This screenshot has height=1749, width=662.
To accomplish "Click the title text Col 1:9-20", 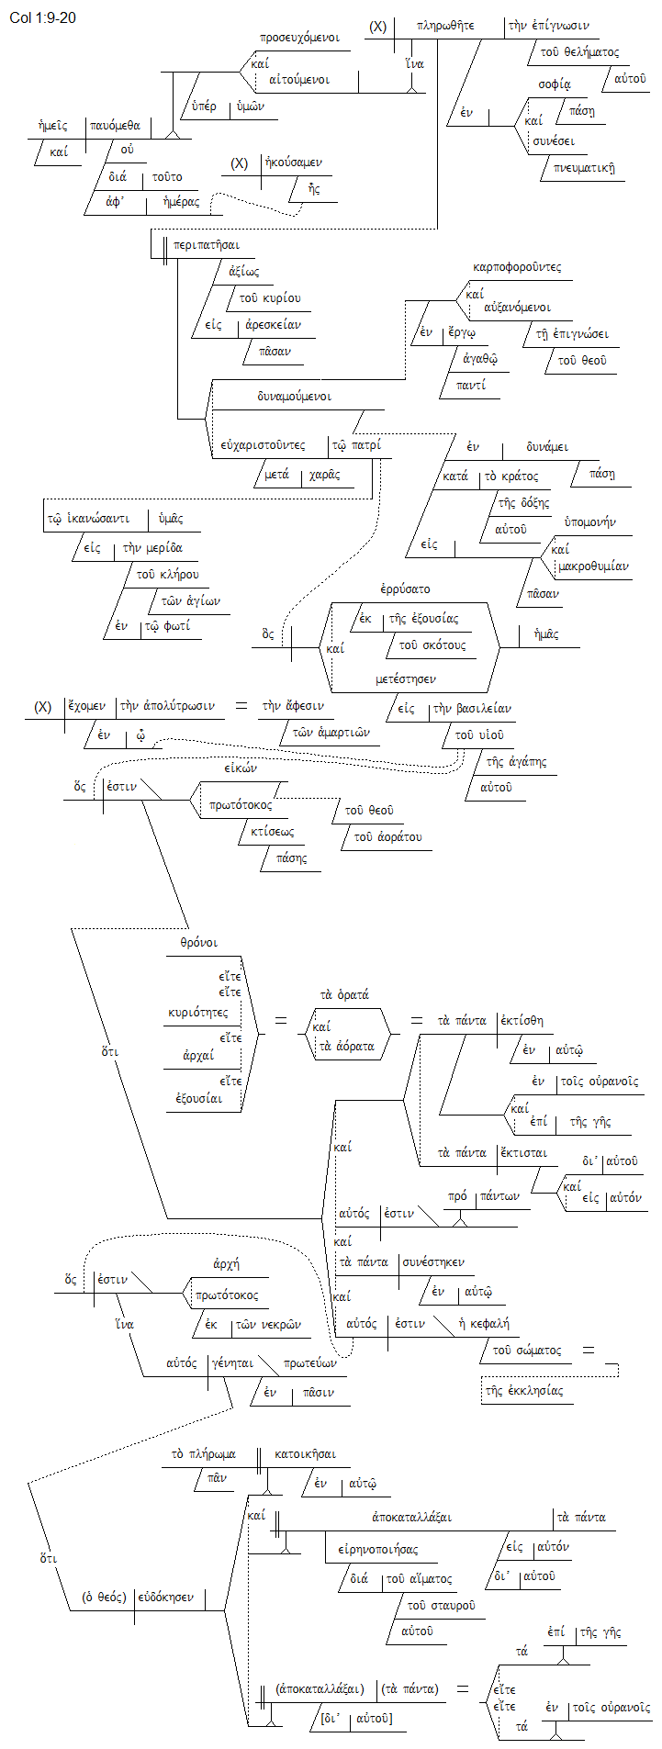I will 42,17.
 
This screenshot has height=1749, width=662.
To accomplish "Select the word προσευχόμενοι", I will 299,39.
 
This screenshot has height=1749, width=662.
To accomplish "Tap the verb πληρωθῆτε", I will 445,26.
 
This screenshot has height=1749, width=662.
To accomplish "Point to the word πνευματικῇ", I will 584,168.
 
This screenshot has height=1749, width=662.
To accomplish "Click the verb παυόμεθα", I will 116,126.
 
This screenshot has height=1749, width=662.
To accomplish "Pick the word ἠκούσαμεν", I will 293,163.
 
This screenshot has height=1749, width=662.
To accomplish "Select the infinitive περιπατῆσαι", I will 207,245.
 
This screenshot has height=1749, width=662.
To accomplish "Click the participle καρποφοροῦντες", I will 517,267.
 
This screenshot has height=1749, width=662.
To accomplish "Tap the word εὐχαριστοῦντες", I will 263,445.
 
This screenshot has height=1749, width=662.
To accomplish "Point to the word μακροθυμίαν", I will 593,566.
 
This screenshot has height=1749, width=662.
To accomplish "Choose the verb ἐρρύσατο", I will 405,589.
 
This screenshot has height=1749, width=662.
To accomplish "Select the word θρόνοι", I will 198,943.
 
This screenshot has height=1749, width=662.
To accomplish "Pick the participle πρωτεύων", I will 310,1362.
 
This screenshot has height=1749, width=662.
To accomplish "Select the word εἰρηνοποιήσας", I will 377,1549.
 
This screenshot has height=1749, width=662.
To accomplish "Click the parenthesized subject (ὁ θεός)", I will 104,1597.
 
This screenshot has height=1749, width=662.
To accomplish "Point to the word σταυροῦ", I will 441,1605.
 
